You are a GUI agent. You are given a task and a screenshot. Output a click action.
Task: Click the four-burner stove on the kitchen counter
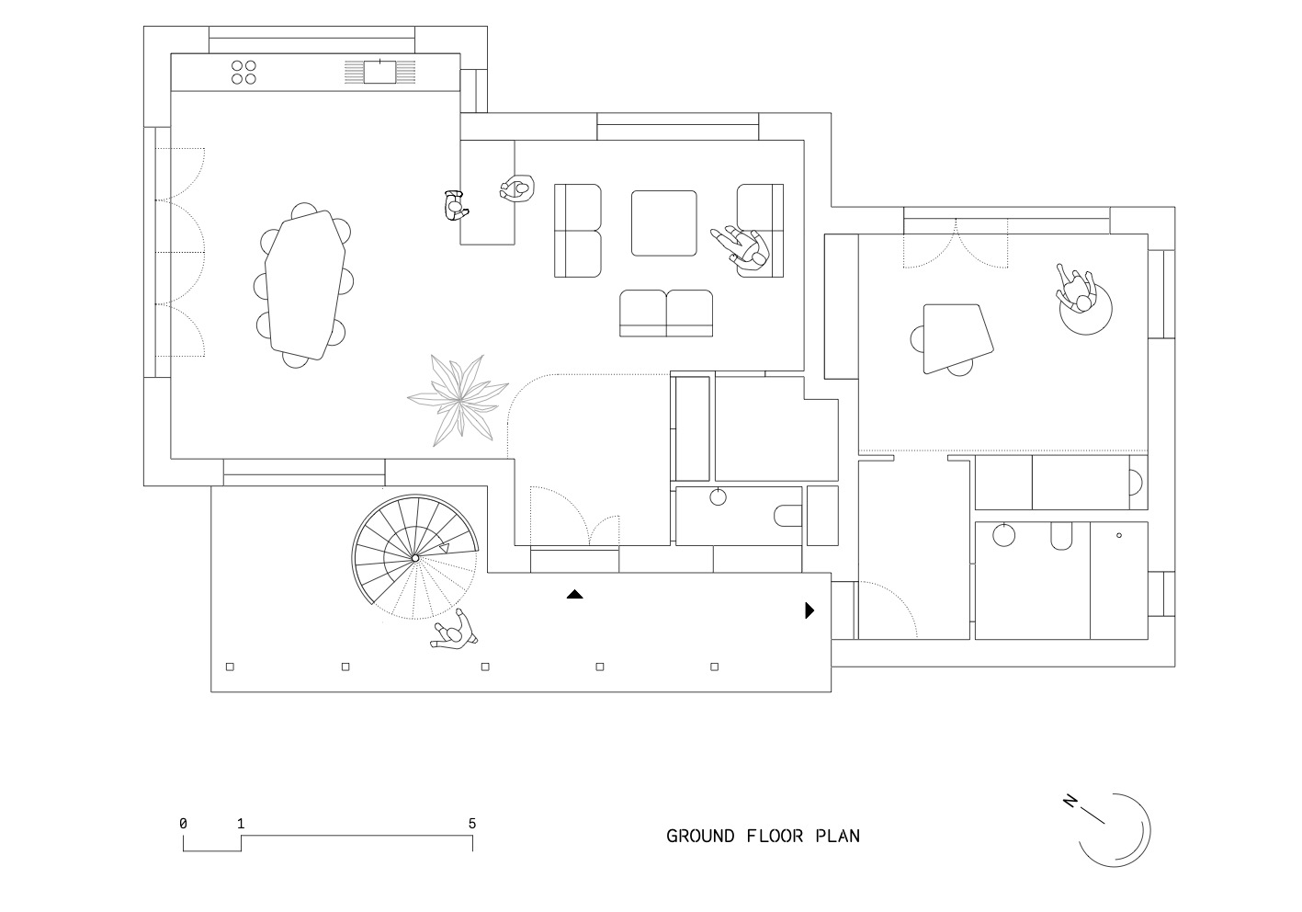click(x=243, y=73)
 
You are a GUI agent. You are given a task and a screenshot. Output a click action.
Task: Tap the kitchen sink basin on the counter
click(x=379, y=72)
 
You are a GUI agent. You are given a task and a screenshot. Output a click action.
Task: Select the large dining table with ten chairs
click(x=304, y=285)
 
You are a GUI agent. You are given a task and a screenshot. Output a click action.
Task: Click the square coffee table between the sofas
click(x=663, y=223)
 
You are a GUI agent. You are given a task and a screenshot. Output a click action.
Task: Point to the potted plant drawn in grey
click(x=459, y=400)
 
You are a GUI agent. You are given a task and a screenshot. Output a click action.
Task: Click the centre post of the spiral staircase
click(x=415, y=558)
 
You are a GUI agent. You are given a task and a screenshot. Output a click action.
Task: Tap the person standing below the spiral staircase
click(x=454, y=630)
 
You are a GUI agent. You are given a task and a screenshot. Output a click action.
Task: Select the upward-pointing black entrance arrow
click(x=575, y=594)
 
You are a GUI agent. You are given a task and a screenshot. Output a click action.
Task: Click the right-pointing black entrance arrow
click(x=810, y=610)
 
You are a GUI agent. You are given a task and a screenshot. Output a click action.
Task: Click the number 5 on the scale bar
click(x=472, y=824)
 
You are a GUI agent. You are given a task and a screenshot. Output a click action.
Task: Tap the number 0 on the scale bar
click(x=183, y=824)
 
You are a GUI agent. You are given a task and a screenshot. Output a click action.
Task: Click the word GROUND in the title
click(x=700, y=837)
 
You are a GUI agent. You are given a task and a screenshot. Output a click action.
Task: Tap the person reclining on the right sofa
click(x=741, y=248)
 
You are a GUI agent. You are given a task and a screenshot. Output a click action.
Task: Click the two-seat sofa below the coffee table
click(x=666, y=313)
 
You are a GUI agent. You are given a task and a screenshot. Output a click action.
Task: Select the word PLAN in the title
click(x=838, y=837)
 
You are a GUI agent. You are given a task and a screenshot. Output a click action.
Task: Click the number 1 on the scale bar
click(x=241, y=824)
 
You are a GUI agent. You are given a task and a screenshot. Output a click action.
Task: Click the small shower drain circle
click(x=1119, y=535)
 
